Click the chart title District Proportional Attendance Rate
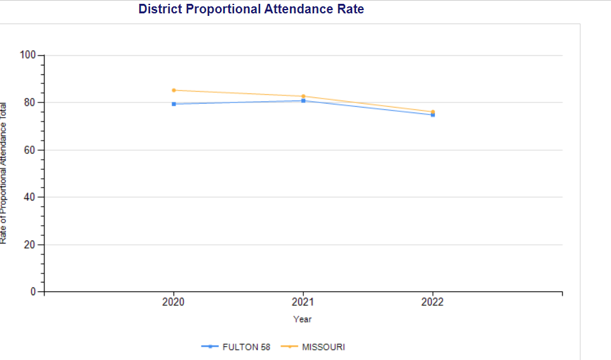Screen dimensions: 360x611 tap(251, 10)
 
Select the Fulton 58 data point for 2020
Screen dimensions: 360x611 tap(174, 104)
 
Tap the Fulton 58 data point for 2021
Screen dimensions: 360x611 tap(303, 100)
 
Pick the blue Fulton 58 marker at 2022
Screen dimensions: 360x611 tap(433, 114)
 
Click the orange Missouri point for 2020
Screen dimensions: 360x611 tap(174, 90)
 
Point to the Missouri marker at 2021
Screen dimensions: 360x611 tap(303, 96)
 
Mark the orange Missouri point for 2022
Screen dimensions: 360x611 tap(433, 111)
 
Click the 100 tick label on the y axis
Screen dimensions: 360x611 tap(28, 55)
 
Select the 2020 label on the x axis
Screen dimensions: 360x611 tap(174, 302)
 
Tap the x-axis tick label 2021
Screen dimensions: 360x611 tap(303, 302)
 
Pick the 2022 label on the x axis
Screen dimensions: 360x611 tap(433, 302)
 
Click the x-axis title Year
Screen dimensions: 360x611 tap(303, 319)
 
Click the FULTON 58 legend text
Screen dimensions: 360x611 tap(246, 347)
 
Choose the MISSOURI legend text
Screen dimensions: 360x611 tap(324, 347)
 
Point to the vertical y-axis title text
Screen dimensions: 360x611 tap(4, 172)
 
